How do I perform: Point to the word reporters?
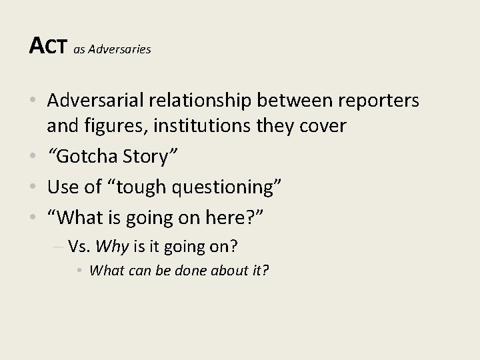coord(380,101)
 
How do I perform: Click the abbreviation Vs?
coord(80,247)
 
